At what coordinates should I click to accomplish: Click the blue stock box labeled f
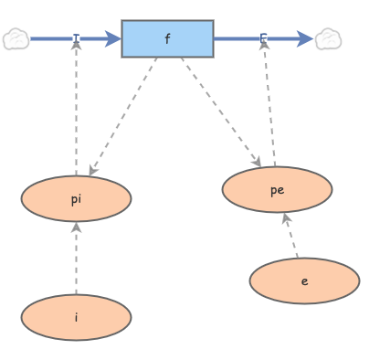(167, 39)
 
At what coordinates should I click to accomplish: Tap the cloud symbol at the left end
(16, 39)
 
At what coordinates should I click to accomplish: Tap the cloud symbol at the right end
(328, 39)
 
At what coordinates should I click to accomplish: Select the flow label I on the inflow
(76, 39)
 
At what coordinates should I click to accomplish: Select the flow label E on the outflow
(263, 39)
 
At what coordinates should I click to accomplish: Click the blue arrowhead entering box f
(112, 39)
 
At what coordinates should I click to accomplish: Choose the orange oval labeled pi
(76, 198)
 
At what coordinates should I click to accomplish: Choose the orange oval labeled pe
(277, 189)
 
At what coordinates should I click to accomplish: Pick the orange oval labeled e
(304, 281)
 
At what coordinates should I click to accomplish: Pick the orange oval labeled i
(76, 317)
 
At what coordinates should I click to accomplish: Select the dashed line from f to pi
(124, 114)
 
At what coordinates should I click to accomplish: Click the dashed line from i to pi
(76, 260)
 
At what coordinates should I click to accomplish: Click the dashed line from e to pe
(291, 238)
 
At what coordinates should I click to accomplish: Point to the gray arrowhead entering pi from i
(76, 228)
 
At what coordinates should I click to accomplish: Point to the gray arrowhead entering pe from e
(285, 218)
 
